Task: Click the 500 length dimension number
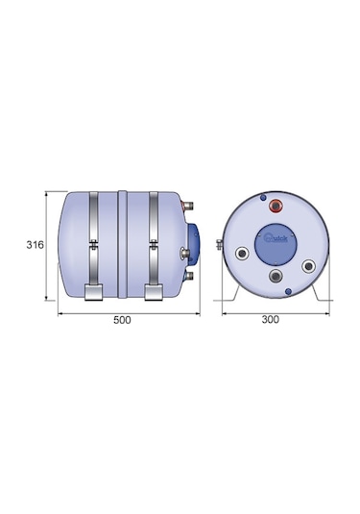pyautogui.click(x=122, y=321)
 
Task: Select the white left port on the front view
pyautogui.click(x=238, y=255)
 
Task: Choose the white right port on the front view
pyautogui.click(x=308, y=266)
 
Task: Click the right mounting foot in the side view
pyautogui.click(x=156, y=294)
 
